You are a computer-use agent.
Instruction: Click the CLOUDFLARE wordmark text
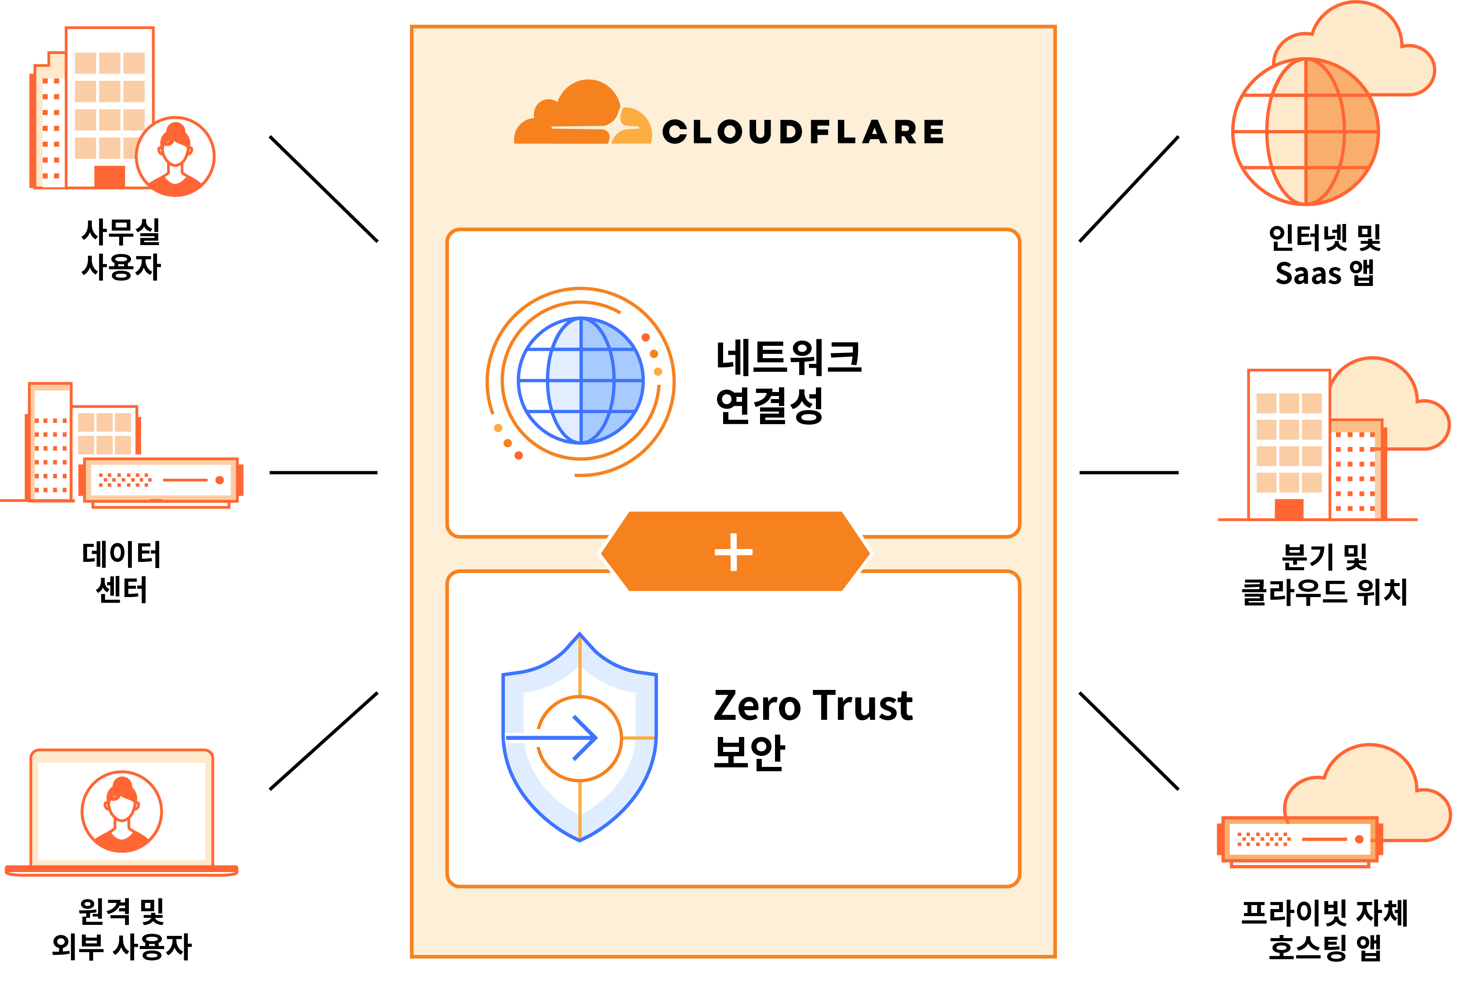click(x=802, y=132)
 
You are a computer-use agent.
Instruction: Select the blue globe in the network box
click(x=580, y=381)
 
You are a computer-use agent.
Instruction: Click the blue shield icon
click(x=579, y=737)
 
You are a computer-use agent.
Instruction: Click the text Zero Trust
click(x=812, y=705)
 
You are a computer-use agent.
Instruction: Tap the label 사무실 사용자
click(x=121, y=249)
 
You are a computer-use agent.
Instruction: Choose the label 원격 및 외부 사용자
click(x=121, y=929)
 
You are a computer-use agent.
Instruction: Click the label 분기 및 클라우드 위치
click(x=1325, y=574)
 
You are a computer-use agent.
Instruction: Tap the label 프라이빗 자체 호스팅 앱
click(x=1325, y=930)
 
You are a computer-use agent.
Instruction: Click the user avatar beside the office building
click(x=175, y=157)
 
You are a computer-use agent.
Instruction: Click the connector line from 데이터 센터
click(x=323, y=473)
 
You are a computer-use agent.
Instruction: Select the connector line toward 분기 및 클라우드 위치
click(x=1129, y=473)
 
